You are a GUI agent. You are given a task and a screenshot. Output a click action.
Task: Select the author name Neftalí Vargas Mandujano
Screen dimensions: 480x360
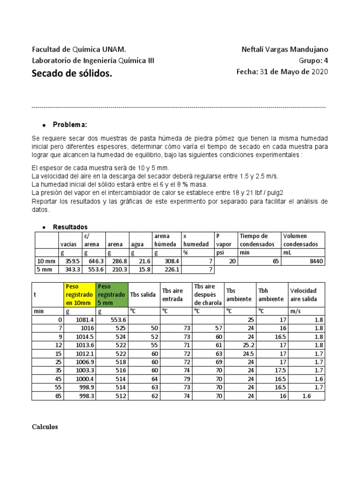pyautogui.click(x=285, y=50)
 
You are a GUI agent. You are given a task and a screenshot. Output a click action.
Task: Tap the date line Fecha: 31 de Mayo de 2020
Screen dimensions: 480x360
pyautogui.click(x=282, y=72)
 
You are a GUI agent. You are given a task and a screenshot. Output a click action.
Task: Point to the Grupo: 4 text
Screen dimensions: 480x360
pyautogui.click(x=314, y=60)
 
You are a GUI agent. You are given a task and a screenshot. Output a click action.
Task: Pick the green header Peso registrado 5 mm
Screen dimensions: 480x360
pyautogui.click(x=111, y=294)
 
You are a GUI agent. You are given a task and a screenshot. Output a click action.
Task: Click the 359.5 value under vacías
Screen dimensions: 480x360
pyautogui.click(x=72, y=261)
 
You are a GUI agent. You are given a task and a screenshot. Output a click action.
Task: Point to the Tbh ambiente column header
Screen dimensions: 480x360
pyautogui.click(x=270, y=294)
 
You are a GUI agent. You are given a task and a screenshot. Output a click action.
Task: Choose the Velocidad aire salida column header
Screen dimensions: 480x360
pyautogui.click(x=303, y=294)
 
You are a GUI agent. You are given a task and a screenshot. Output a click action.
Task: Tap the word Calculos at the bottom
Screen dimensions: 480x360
pyautogui.click(x=45, y=427)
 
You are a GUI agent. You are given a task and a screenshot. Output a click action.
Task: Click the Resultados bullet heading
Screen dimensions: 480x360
pyautogui.click(x=70, y=227)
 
